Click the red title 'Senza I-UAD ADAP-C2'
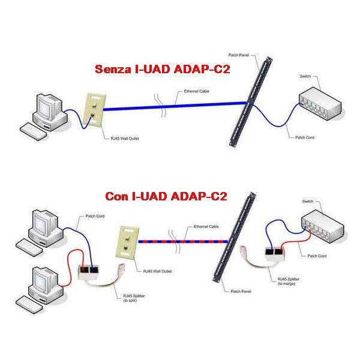163,70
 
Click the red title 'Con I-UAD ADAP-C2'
166,196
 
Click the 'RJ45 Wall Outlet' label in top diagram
98,139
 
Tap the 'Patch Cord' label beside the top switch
305,137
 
